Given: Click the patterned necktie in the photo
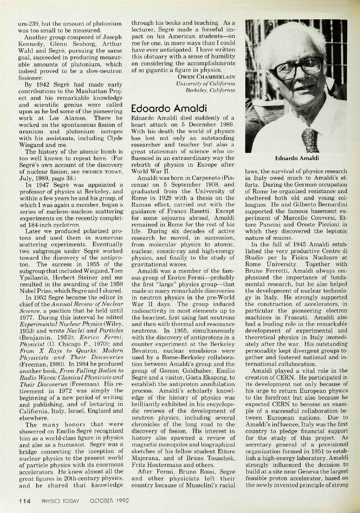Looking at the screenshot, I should [x=310, y=138].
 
